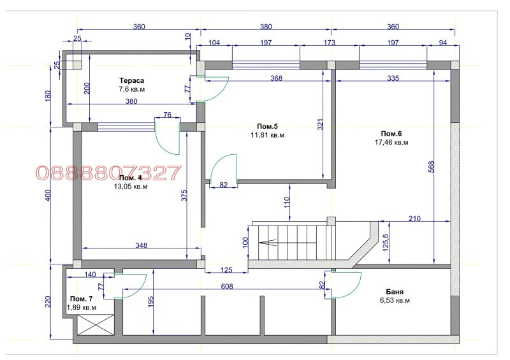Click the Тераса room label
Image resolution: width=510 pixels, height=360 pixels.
(x=132, y=80)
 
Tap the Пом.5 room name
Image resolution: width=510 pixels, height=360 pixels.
(x=267, y=127)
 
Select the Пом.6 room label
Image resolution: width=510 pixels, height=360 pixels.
(x=391, y=134)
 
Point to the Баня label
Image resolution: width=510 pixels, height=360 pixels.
(x=395, y=292)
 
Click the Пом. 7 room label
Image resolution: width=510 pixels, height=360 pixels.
(x=82, y=299)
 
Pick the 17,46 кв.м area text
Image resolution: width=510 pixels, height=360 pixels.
(x=391, y=142)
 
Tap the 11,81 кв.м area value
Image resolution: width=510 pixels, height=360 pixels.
(x=267, y=135)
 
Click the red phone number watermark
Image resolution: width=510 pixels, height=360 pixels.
(x=108, y=173)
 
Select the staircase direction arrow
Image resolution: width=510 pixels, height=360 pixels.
(x=267, y=243)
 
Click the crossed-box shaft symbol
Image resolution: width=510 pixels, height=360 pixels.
(x=96, y=325)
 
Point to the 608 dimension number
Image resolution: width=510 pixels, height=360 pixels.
(x=227, y=287)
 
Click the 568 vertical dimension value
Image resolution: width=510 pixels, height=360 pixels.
(x=432, y=167)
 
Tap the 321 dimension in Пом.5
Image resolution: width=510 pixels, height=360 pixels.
(x=321, y=124)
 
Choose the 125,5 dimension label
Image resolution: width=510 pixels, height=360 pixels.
(x=386, y=243)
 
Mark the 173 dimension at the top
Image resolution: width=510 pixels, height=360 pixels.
(x=329, y=43)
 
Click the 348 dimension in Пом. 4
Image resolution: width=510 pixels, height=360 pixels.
(x=142, y=245)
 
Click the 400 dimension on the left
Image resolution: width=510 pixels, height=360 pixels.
(x=48, y=196)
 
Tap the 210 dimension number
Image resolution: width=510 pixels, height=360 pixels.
(x=414, y=219)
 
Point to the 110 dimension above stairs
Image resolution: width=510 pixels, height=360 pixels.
(x=286, y=203)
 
